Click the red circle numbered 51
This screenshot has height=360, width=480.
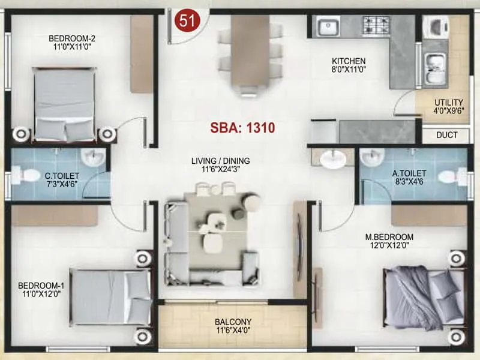tap(187, 20)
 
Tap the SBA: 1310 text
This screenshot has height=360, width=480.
tap(242, 128)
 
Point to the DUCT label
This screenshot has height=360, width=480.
tap(447, 136)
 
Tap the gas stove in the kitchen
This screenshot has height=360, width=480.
tap(377, 25)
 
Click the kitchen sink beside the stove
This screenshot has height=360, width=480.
tap(328, 26)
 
